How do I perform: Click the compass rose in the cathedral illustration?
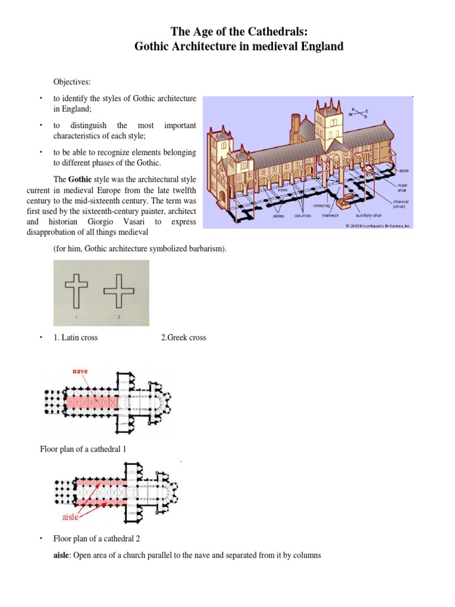pyautogui.click(x=358, y=113)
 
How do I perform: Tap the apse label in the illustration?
pyautogui.click(x=403, y=171)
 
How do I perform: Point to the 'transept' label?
pyautogui.click(x=330, y=216)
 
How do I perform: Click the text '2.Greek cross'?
pyautogui.click(x=184, y=337)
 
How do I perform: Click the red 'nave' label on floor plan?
pyautogui.click(x=81, y=371)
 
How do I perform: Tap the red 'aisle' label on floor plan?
pyautogui.click(x=71, y=517)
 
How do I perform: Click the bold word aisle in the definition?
pyautogui.click(x=62, y=555)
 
